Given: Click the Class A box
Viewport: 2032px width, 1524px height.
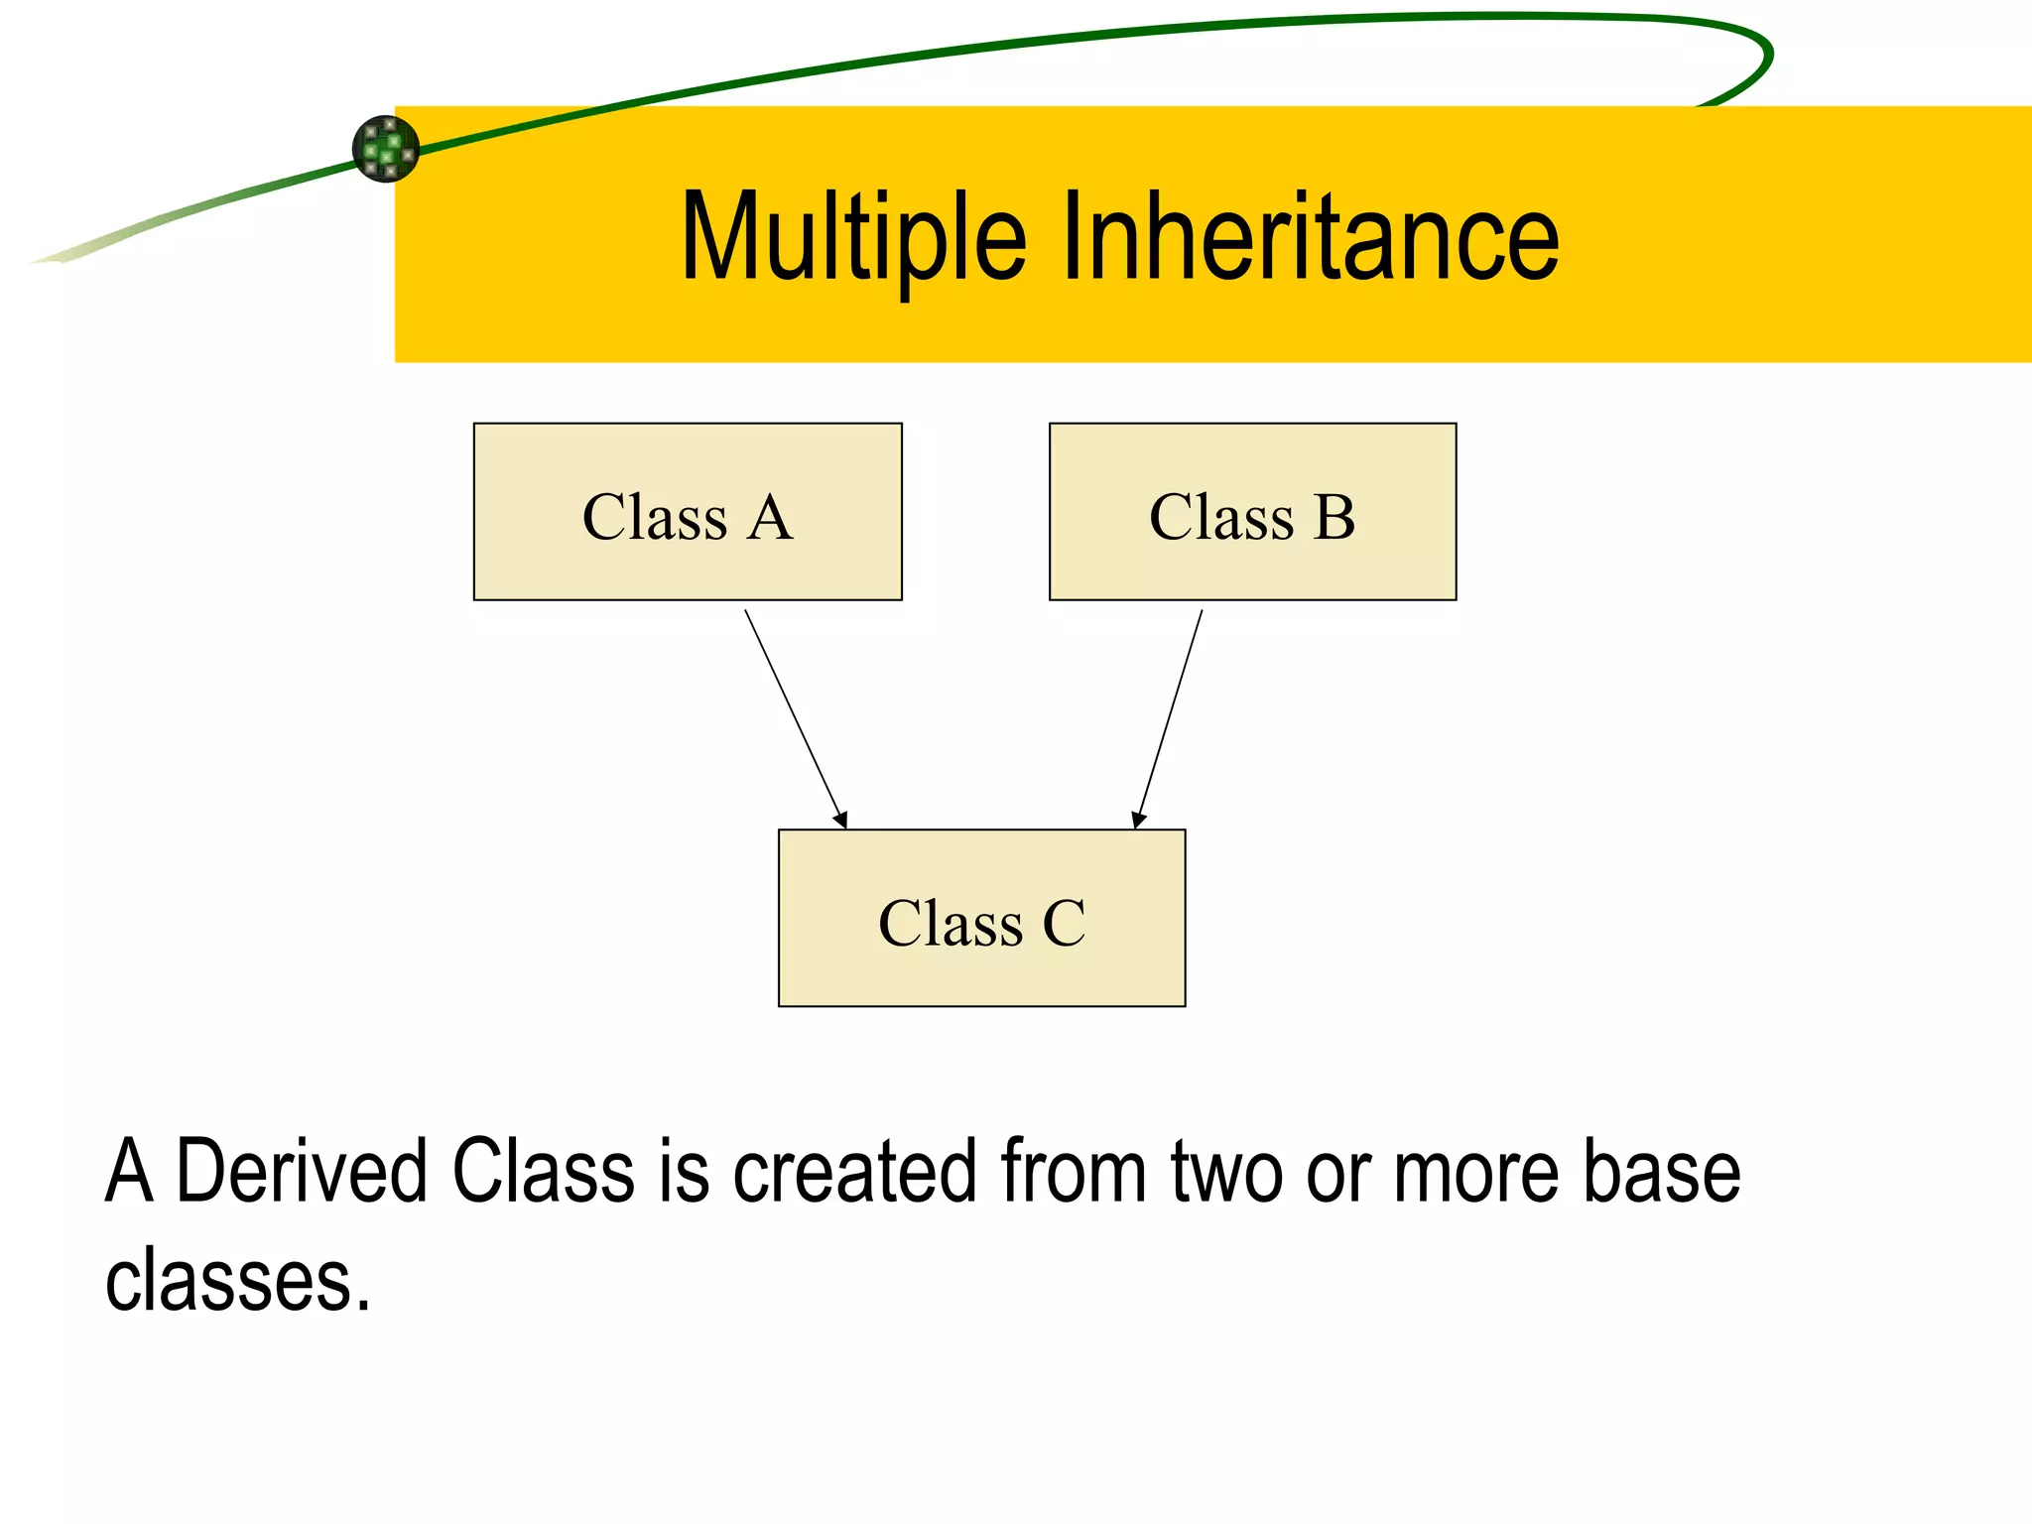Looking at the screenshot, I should click(x=687, y=512).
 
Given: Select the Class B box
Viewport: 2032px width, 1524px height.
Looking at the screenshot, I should click(x=1252, y=512).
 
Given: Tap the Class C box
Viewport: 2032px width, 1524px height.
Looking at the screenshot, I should click(x=981, y=918).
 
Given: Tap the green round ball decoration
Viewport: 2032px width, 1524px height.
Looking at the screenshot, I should click(x=386, y=149).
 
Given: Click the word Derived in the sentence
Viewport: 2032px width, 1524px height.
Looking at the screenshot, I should click(x=302, y=1172).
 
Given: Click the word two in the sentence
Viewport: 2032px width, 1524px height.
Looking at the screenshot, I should click(x=1226, y=1172).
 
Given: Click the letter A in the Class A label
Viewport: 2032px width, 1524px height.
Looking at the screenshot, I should click(x=770, y=518).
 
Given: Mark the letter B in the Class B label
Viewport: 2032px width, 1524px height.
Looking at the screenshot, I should click(x=1334, y=518).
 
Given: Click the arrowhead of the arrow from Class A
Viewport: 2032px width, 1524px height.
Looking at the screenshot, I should click(x=841, y=820).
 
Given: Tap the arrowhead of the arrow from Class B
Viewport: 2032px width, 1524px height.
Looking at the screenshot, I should click(x=1138, y=820).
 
